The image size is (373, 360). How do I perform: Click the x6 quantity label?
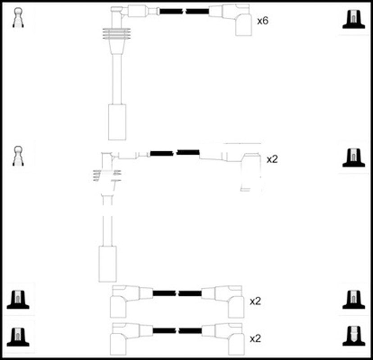[x=263, y=21]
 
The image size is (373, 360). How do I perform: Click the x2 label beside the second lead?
[x=272, y=159]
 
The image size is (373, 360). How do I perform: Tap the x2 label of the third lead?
[x=255, y=301]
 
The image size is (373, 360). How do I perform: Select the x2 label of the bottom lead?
[x=255, y=337]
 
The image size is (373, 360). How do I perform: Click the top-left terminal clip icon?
[x=18, y=18]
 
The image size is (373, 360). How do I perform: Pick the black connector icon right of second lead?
[x=353, y=157]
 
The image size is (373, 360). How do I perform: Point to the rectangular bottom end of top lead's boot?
[x=117, y=121]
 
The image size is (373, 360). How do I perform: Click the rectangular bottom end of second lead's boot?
[x=108, y=264]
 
